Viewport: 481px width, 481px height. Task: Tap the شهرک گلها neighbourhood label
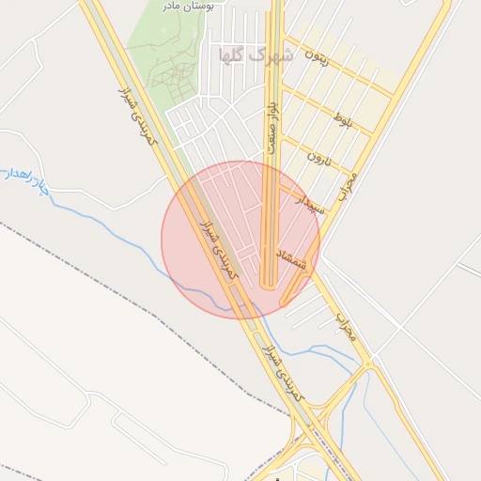click(256, 54)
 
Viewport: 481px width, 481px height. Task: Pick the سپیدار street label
click(310, 204)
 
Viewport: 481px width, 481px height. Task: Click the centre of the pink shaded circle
click(240, 240)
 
